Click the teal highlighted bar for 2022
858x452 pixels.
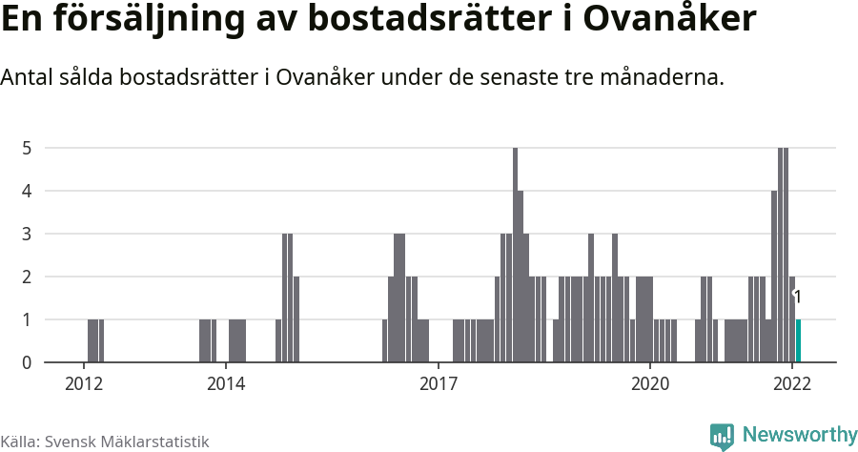(x=798, y=340)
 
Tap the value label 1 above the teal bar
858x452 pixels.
(x=797, y=298)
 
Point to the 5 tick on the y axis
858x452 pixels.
(x=28, y=148)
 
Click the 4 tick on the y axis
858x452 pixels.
(x=28, y=191)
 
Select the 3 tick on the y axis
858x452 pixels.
(x=28, y=234)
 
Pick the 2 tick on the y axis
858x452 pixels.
(x=28, y=277)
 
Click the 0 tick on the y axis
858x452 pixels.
(x=28, y=362)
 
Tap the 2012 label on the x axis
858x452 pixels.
(x=84, y=384)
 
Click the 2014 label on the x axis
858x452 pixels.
(x=225, y=384)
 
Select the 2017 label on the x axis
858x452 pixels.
(x=438, y=384)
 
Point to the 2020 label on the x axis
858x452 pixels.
(x=649, y=384)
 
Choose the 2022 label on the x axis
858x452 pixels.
(x=791, y=384)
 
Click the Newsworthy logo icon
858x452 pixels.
(x=722, y=437)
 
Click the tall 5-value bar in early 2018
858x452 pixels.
(x=515, y=255)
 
